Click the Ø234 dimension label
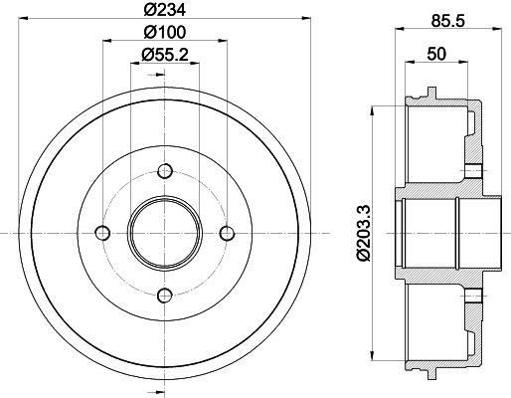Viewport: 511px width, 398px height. (x=165, y=10)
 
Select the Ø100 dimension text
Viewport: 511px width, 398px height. (x=165, y=32)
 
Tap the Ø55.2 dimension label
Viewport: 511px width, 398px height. (x=165, y=55)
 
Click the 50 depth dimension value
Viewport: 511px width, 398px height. (x=436, y=54)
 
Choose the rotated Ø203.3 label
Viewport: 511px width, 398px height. (x=363, y=233)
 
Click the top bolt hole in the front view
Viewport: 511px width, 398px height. (x=165, y=171)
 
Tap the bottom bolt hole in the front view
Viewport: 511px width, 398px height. (x=165, y=296)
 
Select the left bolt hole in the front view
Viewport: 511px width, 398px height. (x=102, y=233)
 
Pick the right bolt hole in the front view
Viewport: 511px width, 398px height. (x=227, y=233)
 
